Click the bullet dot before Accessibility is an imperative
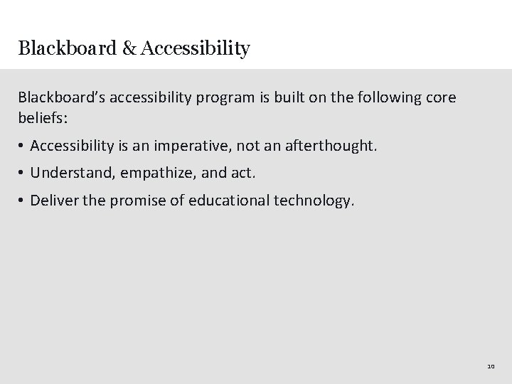point(23,146)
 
